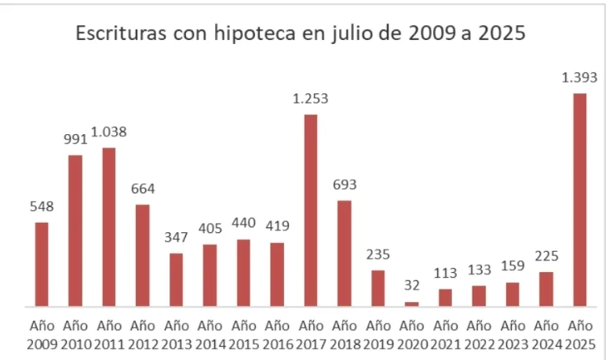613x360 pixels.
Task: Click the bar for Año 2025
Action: (579, 200)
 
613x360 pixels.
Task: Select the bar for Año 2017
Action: (311, 210)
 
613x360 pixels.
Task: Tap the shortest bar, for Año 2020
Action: (412, 304)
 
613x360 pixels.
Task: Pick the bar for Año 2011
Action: (109, 227)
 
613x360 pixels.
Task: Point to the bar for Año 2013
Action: (177, 279)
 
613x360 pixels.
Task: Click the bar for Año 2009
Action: (42, 264)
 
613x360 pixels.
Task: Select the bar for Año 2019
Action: (378, 288)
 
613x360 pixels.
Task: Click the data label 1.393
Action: (579, 78)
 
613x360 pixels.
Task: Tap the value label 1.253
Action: (310, 99)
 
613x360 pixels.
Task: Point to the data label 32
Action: (412, 286)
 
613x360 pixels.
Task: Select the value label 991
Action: (75, 139)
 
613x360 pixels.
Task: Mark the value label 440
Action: (243, 223)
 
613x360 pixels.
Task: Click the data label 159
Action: (513, 266)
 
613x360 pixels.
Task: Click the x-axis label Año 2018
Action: (345, 334)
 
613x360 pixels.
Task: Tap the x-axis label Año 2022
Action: (479, 334)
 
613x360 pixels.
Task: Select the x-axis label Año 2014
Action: (210, 334)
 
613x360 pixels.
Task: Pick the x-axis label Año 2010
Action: (75, 334)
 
